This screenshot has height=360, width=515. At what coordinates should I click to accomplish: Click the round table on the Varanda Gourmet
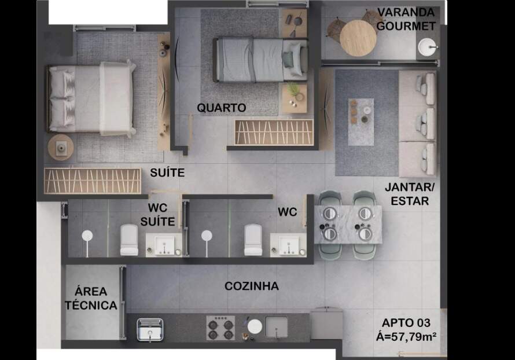coord(358,38)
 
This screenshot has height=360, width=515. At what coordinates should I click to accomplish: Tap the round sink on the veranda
coord(427,47)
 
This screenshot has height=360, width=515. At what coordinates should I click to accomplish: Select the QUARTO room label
coord(222,108)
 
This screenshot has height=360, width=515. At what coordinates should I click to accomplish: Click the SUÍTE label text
coord(167,172)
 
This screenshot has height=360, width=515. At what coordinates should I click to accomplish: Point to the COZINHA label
coord(252,286)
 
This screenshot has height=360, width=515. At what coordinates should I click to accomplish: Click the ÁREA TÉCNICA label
coord(91,298)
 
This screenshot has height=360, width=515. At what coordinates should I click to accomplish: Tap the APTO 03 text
coord(406,323)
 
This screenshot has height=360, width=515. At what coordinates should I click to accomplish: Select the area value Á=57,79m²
coord(406,337)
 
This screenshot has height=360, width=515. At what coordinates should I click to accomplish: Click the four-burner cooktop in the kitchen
coord(220,328)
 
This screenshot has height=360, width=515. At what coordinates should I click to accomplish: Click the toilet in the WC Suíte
coord(129,240)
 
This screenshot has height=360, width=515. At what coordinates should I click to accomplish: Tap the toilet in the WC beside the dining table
coord(253,240)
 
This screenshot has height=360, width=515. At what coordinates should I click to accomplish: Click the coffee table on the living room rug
coord(361,122)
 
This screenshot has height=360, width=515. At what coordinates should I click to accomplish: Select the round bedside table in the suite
coord(61,148)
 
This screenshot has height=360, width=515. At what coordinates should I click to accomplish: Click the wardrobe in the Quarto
coord(274,132)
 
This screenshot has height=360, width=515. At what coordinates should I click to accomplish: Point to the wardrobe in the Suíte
coord(93,181)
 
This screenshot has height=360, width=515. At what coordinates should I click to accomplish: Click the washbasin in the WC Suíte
coord(164,245)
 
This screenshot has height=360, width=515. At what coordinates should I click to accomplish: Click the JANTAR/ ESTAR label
coord(410,194)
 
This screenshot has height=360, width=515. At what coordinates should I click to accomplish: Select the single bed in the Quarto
coord(261,60)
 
